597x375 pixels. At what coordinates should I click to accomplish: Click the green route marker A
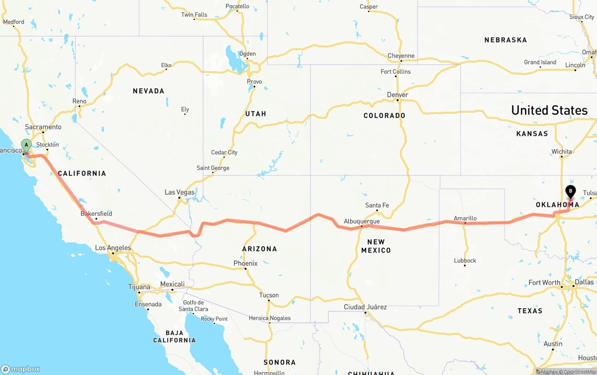(26, 145)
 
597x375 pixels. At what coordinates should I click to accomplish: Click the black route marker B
(570, 191)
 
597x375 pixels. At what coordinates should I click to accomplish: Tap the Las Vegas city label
(180, 192)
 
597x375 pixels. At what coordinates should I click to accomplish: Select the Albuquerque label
(361, 221)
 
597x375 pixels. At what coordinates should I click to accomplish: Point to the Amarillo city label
(465, 218)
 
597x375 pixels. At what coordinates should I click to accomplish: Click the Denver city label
(397, 95)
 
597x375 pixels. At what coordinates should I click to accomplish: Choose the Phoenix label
(245, 263)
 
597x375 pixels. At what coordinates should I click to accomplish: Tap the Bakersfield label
(96, 213)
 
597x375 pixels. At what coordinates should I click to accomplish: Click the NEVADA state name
(148, 91)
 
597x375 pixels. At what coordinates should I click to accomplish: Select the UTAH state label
(256, 113)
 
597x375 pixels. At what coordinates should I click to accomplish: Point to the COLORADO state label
(384, 115)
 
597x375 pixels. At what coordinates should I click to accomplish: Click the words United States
(549, 110)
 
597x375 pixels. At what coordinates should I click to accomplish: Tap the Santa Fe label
(377, 205)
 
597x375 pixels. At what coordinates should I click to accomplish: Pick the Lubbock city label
(465, 261)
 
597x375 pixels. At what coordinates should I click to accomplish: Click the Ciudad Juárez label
(365, 307)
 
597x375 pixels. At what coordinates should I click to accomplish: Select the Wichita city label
(561, 151)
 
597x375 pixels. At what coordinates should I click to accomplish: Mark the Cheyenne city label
(401, 56)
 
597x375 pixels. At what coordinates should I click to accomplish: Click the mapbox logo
(21, 369)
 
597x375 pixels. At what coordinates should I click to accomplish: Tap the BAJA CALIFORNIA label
(174, 336)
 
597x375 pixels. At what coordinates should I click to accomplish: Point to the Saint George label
(213, 168)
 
